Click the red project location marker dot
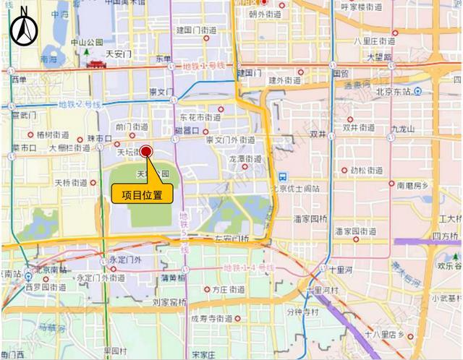(x=146, y=151)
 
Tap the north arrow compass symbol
(x=24, y=27)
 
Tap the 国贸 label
(x=340, y=73)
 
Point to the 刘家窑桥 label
(x=170, y=302)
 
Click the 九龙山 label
(x=402, y=129)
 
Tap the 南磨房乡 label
(x=412, y=185)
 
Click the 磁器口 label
(x=186, y=130)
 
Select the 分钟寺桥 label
(x=302, y=312)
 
